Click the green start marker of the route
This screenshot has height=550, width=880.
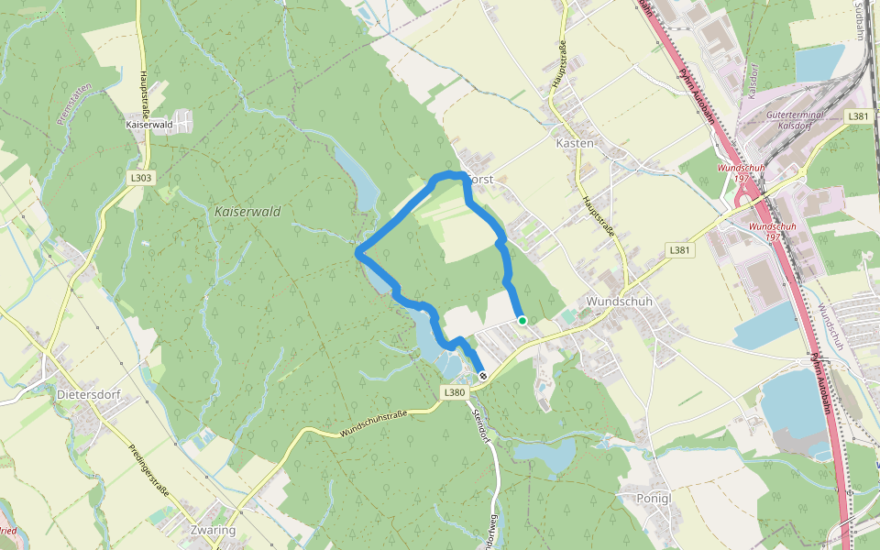(522, 320)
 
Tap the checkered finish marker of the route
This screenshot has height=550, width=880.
(482, 376)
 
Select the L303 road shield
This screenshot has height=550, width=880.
(141, 177)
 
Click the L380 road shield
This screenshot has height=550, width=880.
(455, 392)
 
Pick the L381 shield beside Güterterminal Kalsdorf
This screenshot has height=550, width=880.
(858, 116)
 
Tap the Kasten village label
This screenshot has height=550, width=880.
(575, 143)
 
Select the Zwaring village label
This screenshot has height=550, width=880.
(210, 530)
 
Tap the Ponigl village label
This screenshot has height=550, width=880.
(654, 498)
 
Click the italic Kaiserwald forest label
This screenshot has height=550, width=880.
(247, 212)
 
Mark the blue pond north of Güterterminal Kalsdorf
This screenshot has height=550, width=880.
(818, 62)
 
